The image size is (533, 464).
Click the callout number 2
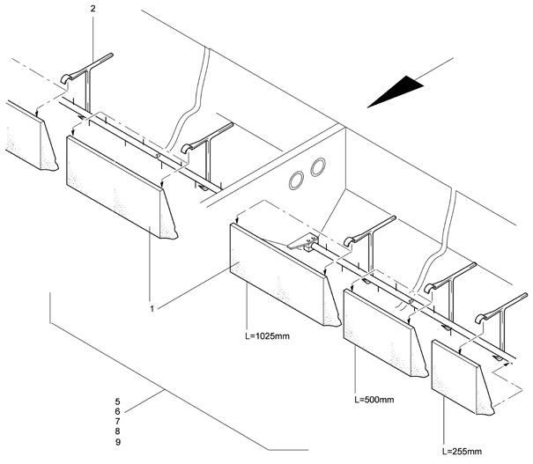[x=93, y=8]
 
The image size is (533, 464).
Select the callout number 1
[x=152, y=309]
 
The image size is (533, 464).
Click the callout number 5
[x=117, y=401]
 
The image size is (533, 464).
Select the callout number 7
[x=117, y=422]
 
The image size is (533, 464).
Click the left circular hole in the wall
[x=299, y=179]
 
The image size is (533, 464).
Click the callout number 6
[x=117, y=411]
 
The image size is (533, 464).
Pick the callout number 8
[x=117, y=432]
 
